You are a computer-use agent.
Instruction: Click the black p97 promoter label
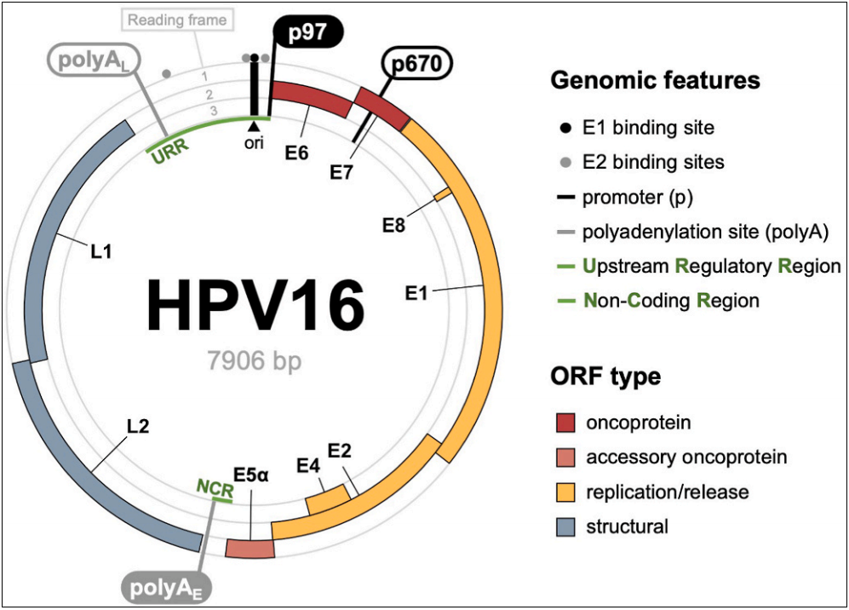tap(307, 33)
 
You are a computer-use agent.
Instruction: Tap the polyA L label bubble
tap(94, 60)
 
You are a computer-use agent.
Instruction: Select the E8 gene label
tap(393, 226)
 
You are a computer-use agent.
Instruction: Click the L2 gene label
tap(138, 426)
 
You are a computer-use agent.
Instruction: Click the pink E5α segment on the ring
tap(249, 549)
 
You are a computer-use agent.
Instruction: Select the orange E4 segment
tap(327, 499)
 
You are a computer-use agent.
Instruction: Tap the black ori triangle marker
tap(253, 126)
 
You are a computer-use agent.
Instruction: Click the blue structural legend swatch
tap(565, 527)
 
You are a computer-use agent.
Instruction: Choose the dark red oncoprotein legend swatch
tap(565, 423)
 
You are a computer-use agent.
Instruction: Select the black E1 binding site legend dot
tap(565, 129)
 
